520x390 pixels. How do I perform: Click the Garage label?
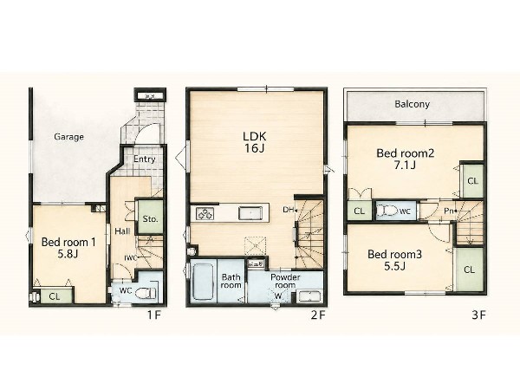pos(68,137)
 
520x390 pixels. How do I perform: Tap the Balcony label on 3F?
pos(413,104)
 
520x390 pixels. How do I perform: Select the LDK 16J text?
pos(255,142)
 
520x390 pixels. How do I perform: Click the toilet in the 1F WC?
pos(146,293)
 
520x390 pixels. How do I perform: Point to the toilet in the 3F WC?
pos(387,211)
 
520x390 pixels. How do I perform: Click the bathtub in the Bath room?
pos(203,282)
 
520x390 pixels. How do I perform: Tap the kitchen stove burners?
pos(205,213)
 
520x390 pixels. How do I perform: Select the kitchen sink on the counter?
pos(250,212)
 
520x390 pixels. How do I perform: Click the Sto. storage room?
pos(150,217)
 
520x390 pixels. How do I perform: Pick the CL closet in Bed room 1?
pos(55,296)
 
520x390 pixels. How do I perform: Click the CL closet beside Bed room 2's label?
pos(473,181)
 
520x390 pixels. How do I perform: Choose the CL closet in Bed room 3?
pos(469,270)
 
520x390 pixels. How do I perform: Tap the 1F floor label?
pos(154,315)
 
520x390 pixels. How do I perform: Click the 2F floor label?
pos(318,315)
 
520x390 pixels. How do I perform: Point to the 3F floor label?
pos(479,315)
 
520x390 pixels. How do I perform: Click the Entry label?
pos(144,159)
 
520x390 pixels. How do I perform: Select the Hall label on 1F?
pos(122,231)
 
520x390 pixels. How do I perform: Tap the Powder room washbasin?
pos(309,296)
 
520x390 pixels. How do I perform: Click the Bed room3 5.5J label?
pos(394,260)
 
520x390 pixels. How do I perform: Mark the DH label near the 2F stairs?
pos(288,210)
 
